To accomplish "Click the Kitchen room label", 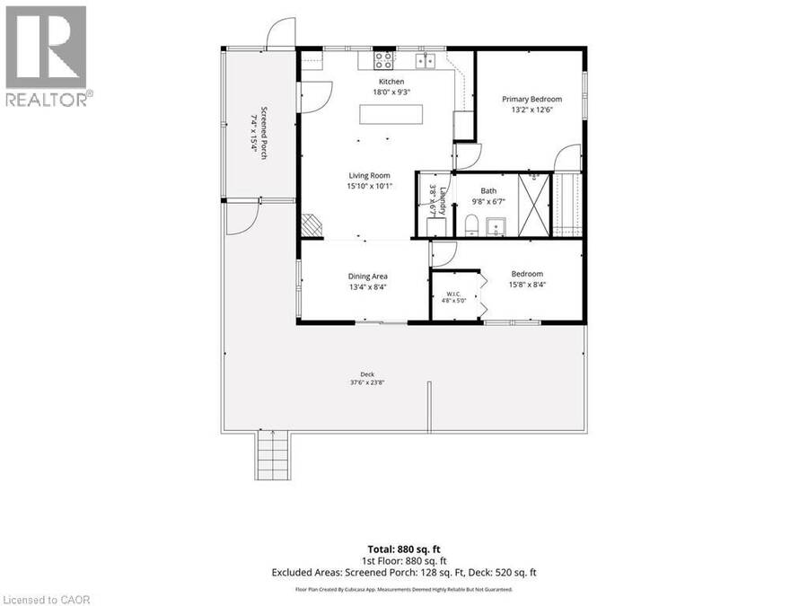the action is tap(391, 82).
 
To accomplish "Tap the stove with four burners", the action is tap(384, 60).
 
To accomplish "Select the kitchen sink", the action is tap(426, 61).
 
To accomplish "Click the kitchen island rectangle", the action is tap(391, 114).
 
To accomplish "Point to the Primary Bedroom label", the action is tap(531, 99).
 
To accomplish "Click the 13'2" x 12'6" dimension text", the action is tap(531, 110).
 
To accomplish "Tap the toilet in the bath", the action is tap(471, 226).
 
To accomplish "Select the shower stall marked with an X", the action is tap(534, 205).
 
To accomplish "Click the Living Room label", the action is tap(369, 175).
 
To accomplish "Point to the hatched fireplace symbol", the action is tap(311, 225).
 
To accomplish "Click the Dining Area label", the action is tap(367, 277).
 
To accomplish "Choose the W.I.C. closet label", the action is tap(453, 294).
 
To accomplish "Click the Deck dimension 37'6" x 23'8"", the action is tap(367, 382).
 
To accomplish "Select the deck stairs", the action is tap(273, 455).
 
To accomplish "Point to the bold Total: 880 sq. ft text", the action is tap(404, 549).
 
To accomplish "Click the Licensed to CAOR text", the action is tap(46, 600).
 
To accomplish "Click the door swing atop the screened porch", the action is tap(281, 32).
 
